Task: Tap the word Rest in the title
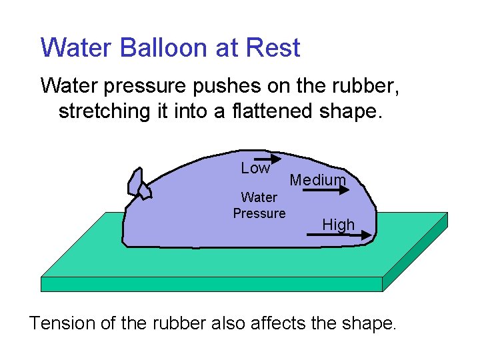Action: point(273,48)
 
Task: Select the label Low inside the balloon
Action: point(255,168)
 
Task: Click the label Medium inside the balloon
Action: point(318,180)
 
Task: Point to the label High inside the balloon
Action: point(338,225)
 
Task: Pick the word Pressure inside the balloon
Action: point(259,213)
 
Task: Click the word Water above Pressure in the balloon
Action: point(259,197)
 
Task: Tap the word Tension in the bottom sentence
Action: point(61,323)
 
